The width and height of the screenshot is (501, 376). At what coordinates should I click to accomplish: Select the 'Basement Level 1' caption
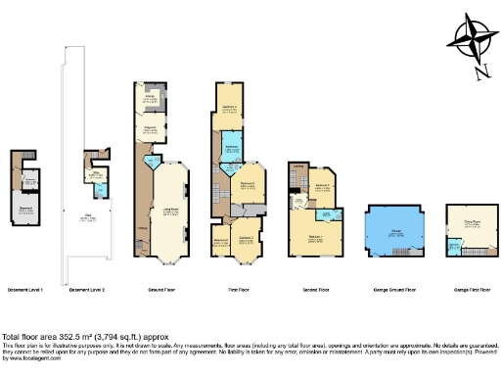[x=28, y=291]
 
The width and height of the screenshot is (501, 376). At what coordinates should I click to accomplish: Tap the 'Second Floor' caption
[x=313, y=291]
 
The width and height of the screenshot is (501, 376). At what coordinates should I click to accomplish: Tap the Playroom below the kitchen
[x=151, y=129]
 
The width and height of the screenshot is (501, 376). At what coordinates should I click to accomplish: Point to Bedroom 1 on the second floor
[x=316, y=235]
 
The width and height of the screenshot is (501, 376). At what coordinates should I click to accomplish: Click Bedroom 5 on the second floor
[x=324, y=185]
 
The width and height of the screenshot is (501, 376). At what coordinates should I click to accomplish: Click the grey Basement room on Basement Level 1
[x=29, y=209]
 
